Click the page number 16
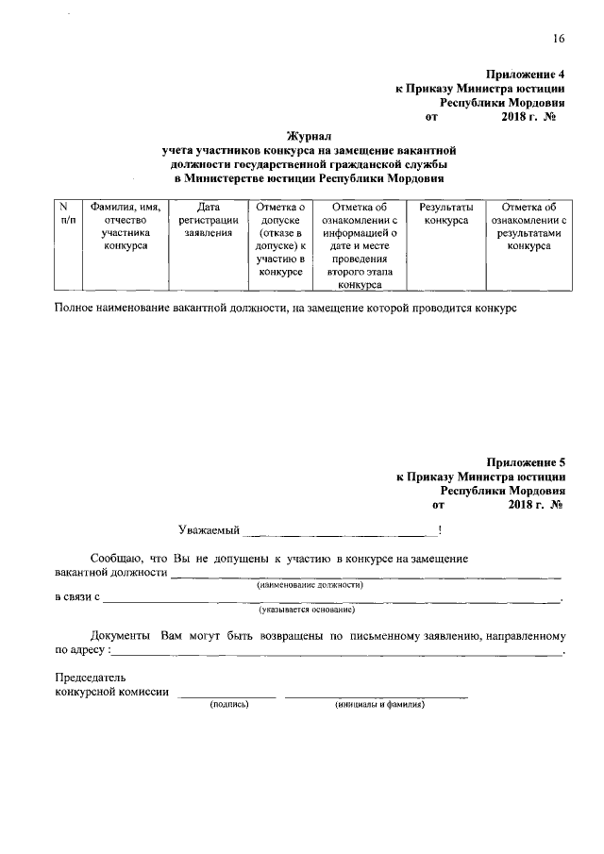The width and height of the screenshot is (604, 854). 559,38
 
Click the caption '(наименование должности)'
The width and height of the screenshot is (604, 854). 310,585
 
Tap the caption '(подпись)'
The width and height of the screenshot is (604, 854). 228,704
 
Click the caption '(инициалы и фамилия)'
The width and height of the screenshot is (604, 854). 376,704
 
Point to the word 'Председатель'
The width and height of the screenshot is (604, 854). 90,678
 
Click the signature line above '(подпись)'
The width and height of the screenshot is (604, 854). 228,695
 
